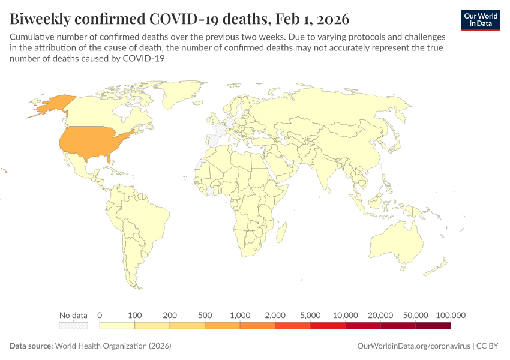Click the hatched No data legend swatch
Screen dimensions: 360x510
pos(73,326)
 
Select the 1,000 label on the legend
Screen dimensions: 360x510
pos(240,315)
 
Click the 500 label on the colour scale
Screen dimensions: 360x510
pos(205,315)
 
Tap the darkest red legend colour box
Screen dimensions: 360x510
pos(433,326)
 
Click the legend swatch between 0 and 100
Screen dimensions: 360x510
pos(117,326)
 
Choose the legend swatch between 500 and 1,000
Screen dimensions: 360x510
pos(222,326)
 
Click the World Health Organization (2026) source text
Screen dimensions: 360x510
pos(113,346)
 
